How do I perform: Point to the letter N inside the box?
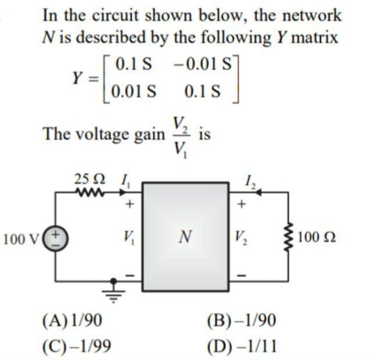coord(184,237)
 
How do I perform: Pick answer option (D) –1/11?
coord(242,346)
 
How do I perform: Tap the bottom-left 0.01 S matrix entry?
coord(135,91)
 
